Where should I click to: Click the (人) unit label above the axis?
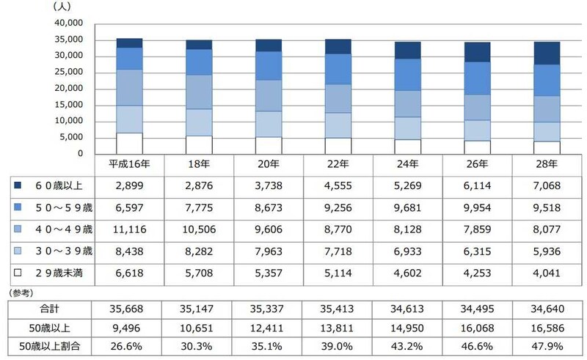click(x=62, y=6)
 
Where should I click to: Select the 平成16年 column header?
click(x=129, y=165)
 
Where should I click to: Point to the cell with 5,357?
click(x=269, y=273)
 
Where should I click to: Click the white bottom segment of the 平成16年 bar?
click(x=129, y=144)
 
